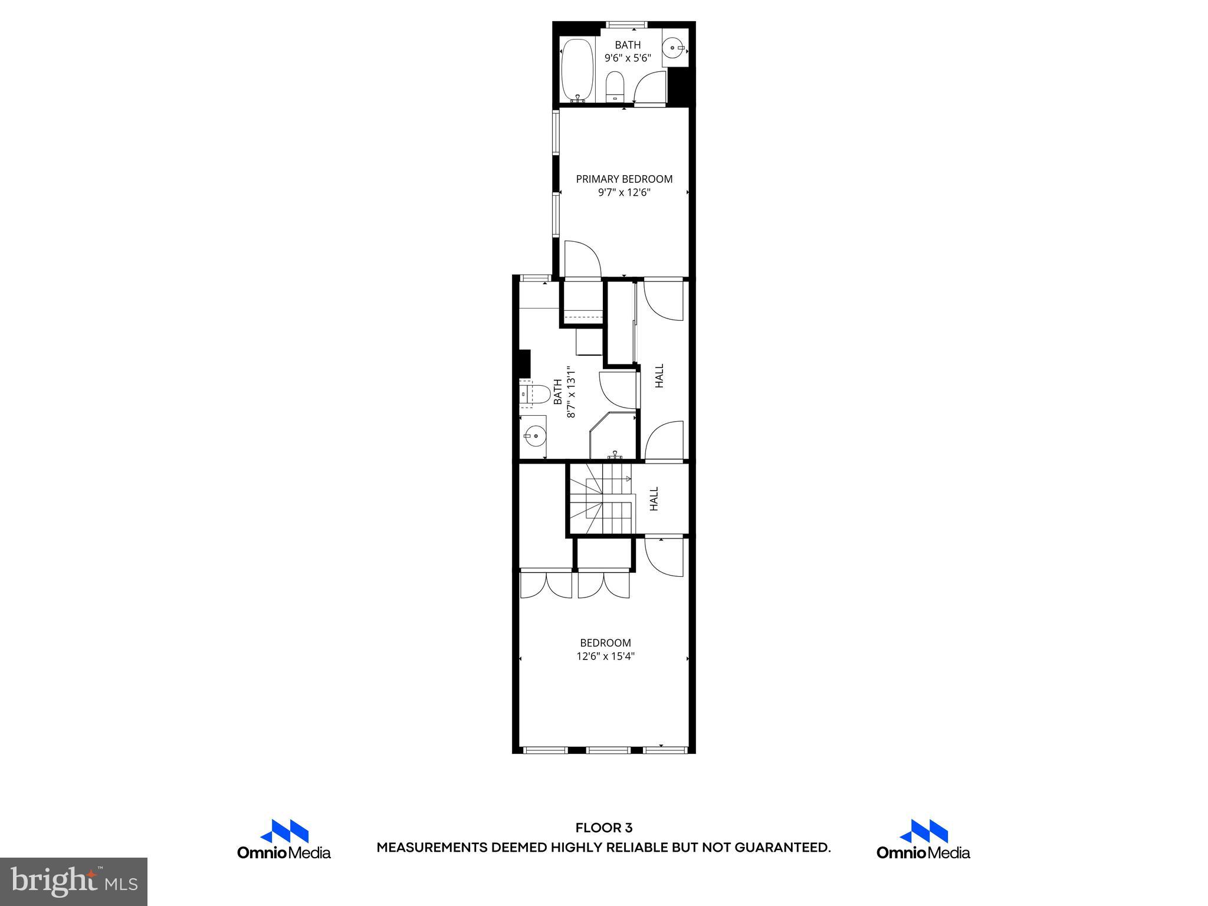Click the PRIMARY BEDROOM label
coord(624,179)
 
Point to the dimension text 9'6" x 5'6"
coord(628,58)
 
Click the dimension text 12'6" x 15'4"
coord(605,656)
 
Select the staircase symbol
coord(600,499)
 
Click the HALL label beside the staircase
coord(654,499)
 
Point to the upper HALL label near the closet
coord(659,376)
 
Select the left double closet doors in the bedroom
coord(546,585)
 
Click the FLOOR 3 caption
coord(604,828)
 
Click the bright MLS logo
coord(74,882)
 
